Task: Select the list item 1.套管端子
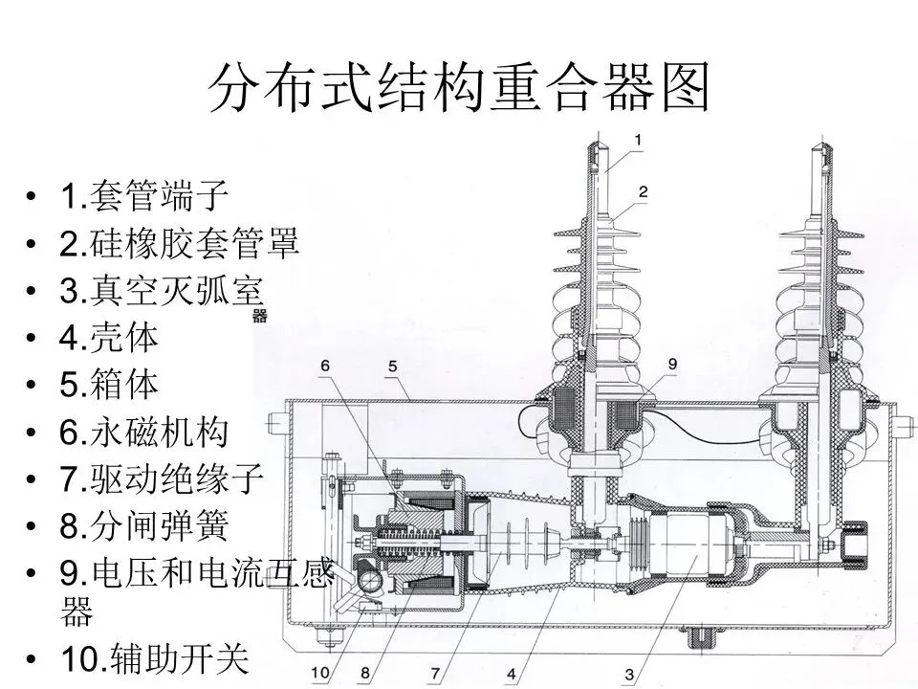click(143, 197)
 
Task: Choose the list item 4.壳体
click(109, 337)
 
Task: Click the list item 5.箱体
click(109, 385)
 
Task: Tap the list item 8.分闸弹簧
click(143, 525)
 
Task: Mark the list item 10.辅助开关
click(153, 657)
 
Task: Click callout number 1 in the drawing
click(639, 139)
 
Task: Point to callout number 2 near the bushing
click(644, 191)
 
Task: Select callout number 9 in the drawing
click(672, 364)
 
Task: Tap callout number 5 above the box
click(393, 367)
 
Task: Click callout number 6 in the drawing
click(325, 366)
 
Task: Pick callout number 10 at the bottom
click(321, 675)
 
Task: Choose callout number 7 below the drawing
click(434, 675)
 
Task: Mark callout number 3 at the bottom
click(628, 676)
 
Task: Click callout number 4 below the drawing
click(512, 675)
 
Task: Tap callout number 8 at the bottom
click(364, 675)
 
